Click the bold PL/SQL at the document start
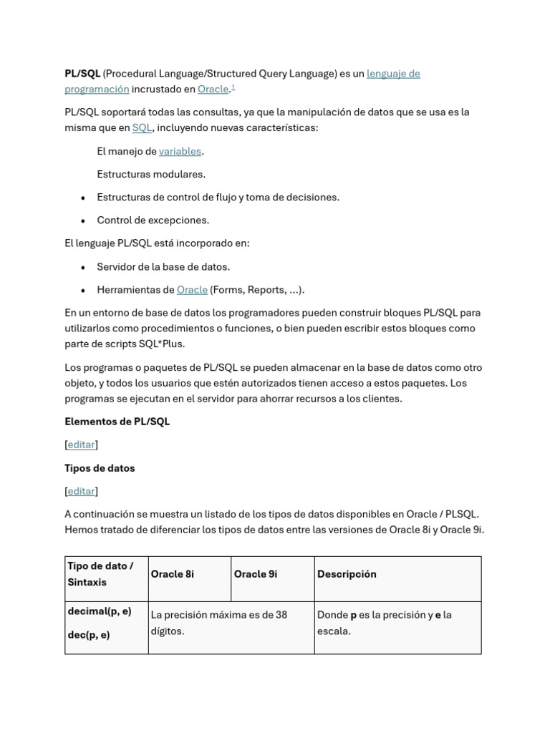[x=82, y=74]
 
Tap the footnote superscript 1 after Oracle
[x=233, y=87]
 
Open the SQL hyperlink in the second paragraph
[x=142, y=128]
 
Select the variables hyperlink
[x=180, y=152]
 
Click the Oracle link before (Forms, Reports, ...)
[x=192, y=290]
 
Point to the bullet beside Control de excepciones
[x=83, y=221]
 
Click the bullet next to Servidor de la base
[x=83, y=268]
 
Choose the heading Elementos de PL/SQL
[x=117, y=422]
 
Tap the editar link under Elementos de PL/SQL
[x=81, y=445]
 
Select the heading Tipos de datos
[x=100, y=468]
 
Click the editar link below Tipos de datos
[x=81, y=491]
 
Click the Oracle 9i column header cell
[x=256, y=574]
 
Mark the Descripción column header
[x=347, y=574]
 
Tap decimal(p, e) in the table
[x=100, y=612]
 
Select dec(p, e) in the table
[x=89, y=635]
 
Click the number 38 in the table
[x=281, y=615]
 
